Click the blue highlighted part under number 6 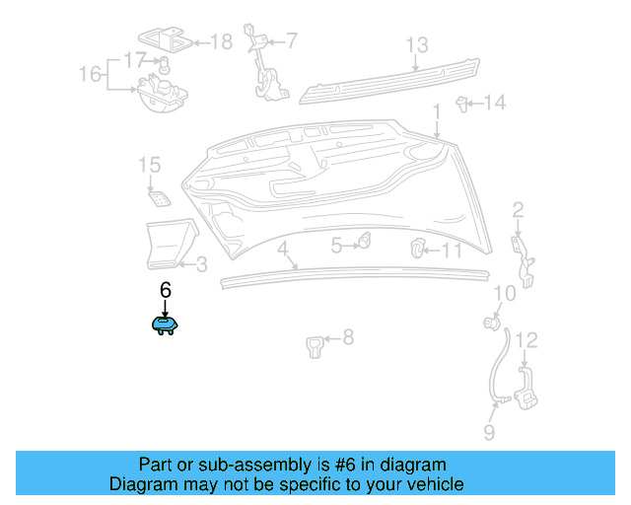click(164, 325)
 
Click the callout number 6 click(165, 290)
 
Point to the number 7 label click(291, 40)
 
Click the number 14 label click(495, 102)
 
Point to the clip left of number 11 click(418, 247)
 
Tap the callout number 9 click(488, 432)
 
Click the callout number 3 click(200, 263)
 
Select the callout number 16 click(90, 75)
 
